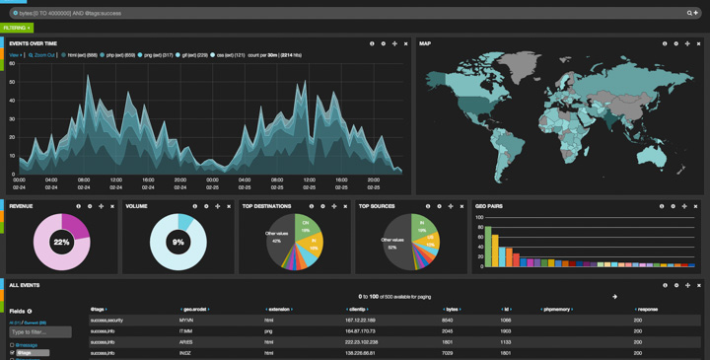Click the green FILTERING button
click(x=17, y=28)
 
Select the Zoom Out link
click(x=44, y=55)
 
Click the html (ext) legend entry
click(x=79, y=55)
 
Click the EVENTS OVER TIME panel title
click(x=33, y=43)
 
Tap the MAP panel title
click(x=425, y=43)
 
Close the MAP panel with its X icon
click(x=699, y=43)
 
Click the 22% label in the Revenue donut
click(x=61, y=242)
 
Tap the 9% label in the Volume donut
click(x=177, y=242)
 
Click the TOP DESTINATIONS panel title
click(x=266, y=206)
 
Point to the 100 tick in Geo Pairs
click(x=479, y=218)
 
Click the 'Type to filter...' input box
click(x=40, y=332)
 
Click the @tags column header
click(x=98, y=309)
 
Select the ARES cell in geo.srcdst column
click(x=185, y=342)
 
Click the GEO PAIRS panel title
click(x=488, y=206)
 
